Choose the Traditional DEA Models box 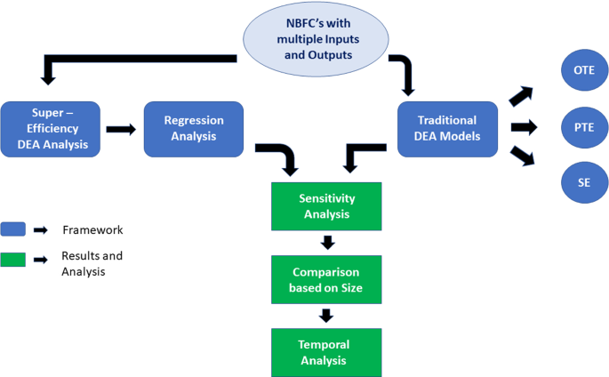446,129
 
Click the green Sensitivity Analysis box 325,206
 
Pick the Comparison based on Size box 325,279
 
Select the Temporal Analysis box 325,352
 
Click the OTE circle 584,69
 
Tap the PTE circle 584,126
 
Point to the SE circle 584,183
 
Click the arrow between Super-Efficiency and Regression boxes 121,129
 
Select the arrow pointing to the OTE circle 522,95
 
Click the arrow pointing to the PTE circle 525,127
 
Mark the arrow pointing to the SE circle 523,156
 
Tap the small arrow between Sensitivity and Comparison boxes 326,243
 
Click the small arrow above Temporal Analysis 326,316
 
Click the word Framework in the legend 92,230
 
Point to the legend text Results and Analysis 92,263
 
